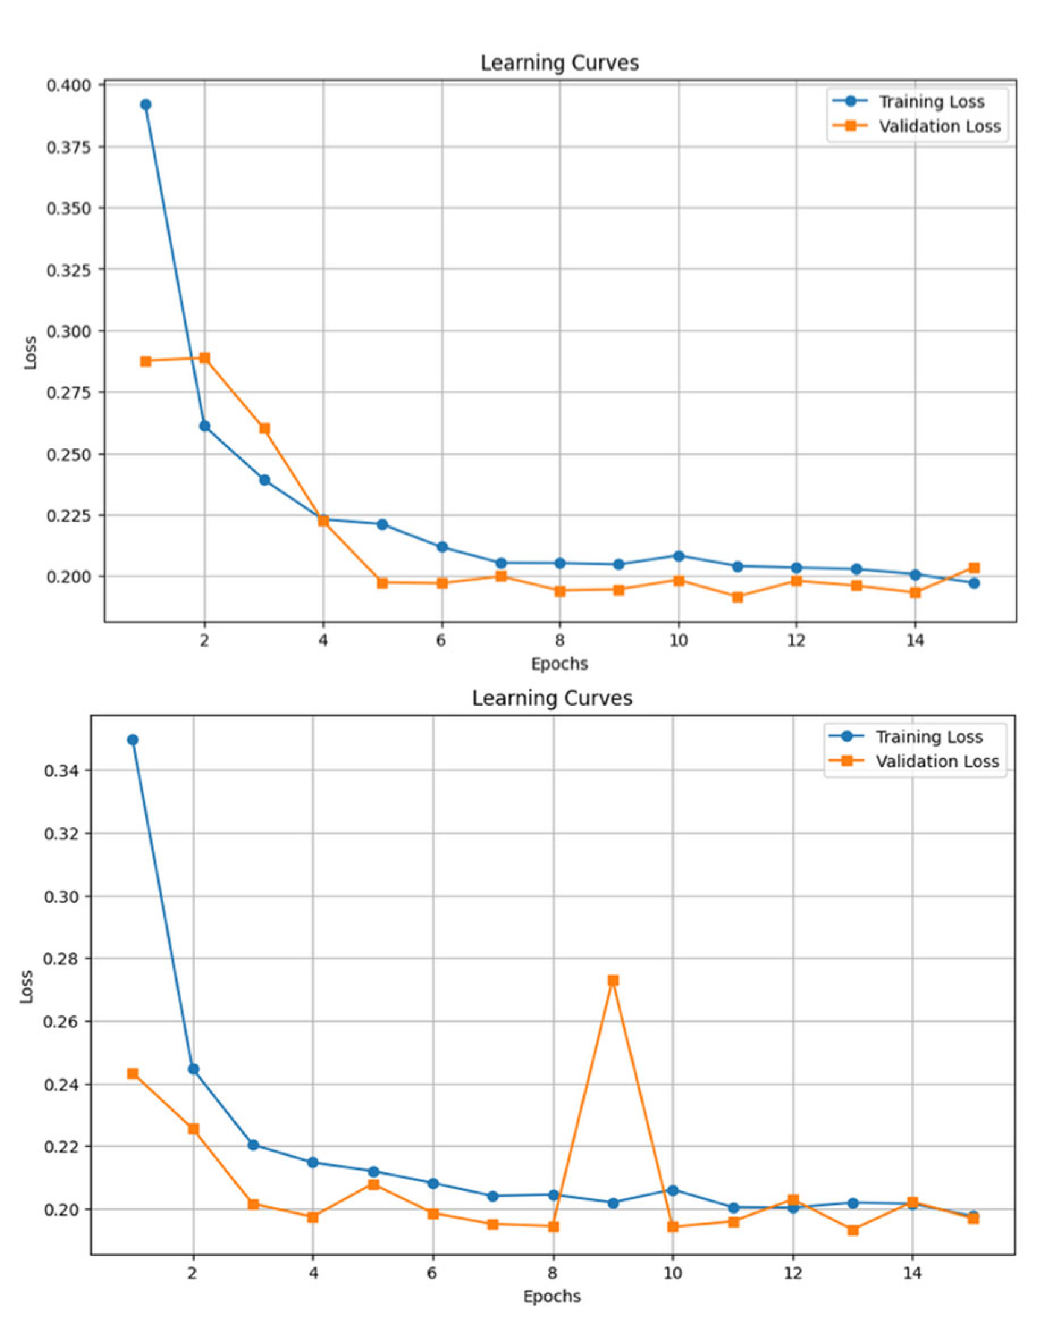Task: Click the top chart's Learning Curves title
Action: [x=559, y=63]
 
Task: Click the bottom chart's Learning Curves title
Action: [x=552, y=698]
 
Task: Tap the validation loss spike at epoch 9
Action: [x=613, y=980]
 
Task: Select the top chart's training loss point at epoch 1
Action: [x=146, y=105]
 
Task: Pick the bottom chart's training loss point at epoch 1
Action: [x=133, y=739]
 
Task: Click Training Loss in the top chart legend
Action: [x=931, y=102]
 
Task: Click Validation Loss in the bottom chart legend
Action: [x=937, y=762]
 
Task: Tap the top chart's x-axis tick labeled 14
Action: [x=914, y=641]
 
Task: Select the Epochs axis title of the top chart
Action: [x=559, y=663]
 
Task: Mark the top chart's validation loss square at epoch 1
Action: [x=146, y=362]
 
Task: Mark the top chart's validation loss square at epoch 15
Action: [x=974, y=568]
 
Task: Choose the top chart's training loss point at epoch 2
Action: [x=205, y=426]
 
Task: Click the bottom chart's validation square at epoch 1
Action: [x=133, y=1073]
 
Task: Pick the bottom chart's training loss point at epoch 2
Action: [x=193, y=1069]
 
